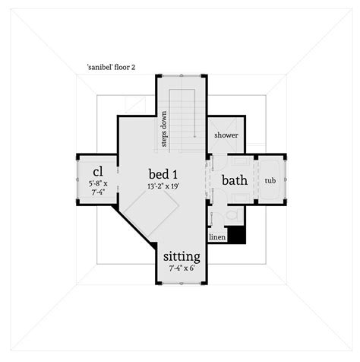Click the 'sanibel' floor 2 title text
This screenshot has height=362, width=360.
click(111, 67)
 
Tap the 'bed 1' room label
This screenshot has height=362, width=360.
click(163, 174)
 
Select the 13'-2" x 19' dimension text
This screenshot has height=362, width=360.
click(163, 186)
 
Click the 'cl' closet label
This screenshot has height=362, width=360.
click(98, 172)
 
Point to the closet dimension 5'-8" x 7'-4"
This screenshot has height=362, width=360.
click(98, 188)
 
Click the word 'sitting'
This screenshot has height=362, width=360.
click(182, 257)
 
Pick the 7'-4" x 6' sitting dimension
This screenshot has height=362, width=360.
click(182, 268)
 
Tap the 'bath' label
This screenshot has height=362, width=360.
click(235, 180)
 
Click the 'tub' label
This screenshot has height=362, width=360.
click(270, 181)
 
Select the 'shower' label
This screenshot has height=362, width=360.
click(226, 135)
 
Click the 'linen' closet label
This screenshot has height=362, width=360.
click(217, 237)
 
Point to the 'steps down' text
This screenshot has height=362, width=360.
click(164, 129)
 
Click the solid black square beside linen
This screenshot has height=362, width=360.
click(236, 234)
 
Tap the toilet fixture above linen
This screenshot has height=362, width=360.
click(232, 215)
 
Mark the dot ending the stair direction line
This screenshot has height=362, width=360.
click(194, 137)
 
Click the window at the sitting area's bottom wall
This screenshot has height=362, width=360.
click(182, 284)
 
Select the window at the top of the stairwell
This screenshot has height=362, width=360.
click(182, 75)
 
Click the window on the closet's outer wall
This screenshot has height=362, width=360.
click(77, 179)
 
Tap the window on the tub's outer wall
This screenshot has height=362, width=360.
click(286, 179)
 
